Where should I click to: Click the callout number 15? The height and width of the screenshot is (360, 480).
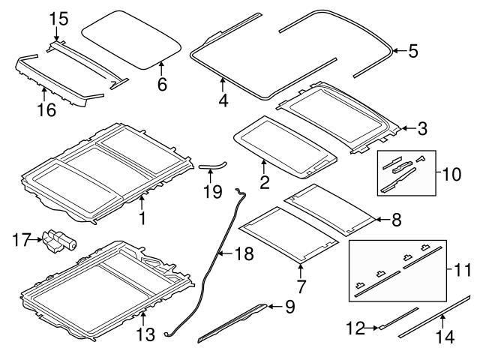tap(58, 16)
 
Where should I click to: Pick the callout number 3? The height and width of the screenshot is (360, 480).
tap(422, 128)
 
